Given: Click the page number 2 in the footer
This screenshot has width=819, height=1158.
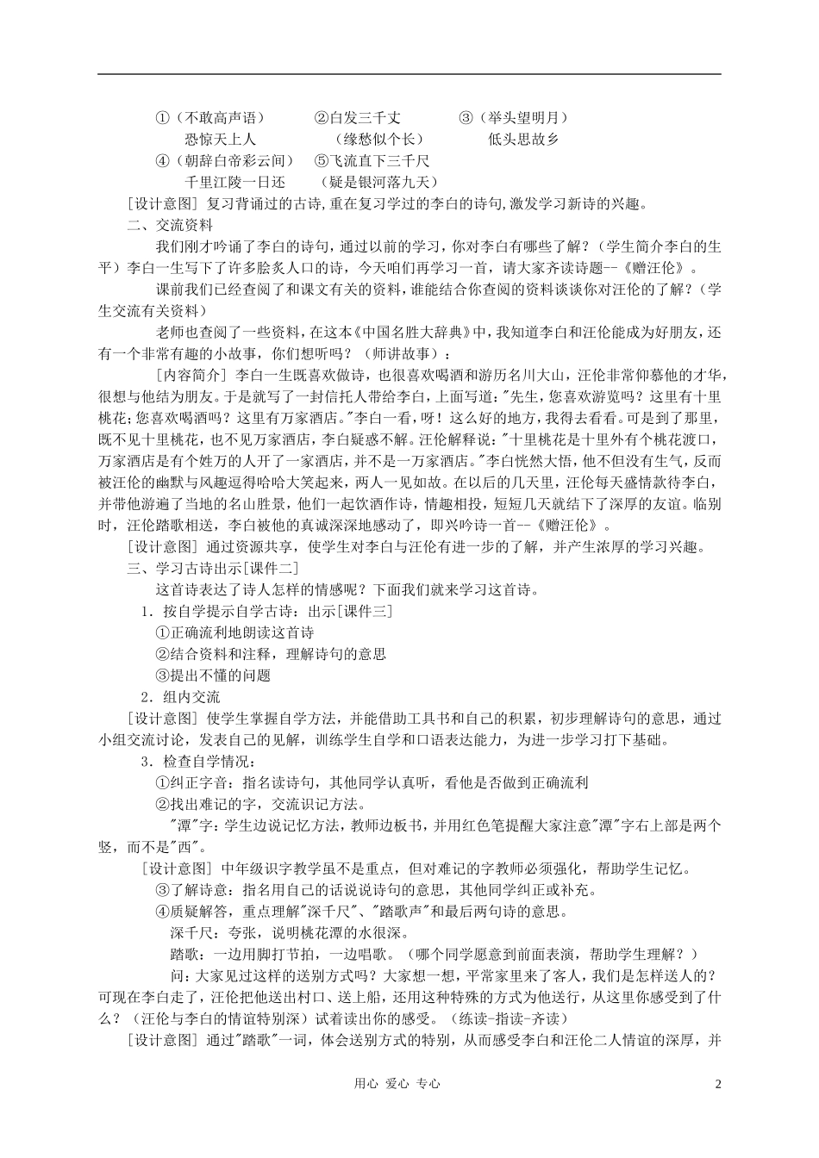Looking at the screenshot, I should pyautogui.click(x=717, y=1084).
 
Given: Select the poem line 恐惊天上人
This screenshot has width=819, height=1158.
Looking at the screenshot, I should pyautogui.click(x=220, y=139).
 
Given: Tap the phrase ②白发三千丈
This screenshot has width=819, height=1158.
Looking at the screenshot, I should pyautogui.click(x=356, y=117).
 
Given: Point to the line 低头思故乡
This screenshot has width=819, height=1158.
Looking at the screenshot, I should pyautogui.click(x=523, y=139).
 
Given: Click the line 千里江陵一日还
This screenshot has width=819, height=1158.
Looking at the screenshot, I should pyautogui.click(x=234, y=182).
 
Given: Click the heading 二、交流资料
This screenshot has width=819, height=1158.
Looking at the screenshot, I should pyautogui.click(x=170, y=225).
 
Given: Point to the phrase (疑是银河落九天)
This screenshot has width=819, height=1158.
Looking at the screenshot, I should pyautogui.click(x=378, y=182).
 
